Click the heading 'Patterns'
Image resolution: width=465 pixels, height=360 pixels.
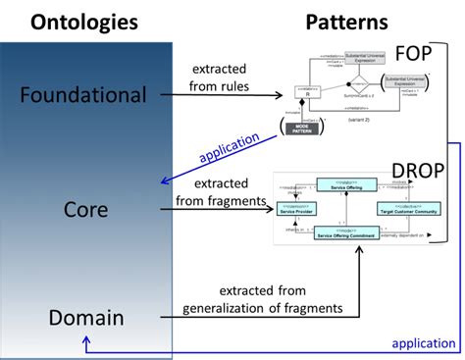346,21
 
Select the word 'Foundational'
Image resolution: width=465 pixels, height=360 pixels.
82,95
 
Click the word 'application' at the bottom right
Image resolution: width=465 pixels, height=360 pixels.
422,342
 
